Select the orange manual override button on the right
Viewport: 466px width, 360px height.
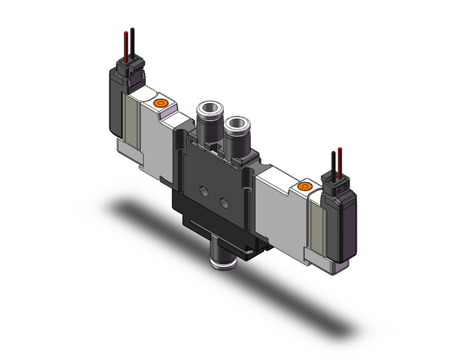(303, 185)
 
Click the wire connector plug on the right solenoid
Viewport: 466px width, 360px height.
(337, 180)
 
